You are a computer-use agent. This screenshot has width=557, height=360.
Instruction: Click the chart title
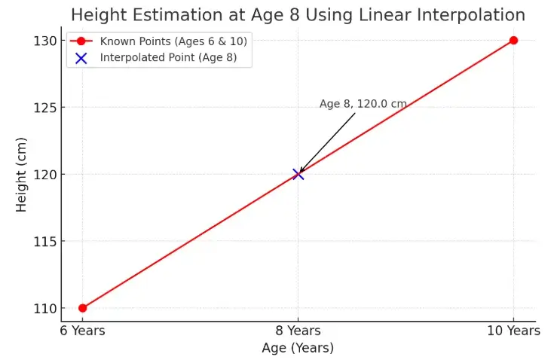pyautogui.click(x=298, y=14)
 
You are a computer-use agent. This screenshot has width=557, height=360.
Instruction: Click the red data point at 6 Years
pyautogui.click(x=83, y=308)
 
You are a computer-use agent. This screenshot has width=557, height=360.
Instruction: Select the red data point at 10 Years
pyautogui.click(x=513, y=41)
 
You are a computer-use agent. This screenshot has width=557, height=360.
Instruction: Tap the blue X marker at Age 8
pyautogui.click(x=298, y=174)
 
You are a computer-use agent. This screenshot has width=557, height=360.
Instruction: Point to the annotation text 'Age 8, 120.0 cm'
pyautogui.click(x=363, y=104)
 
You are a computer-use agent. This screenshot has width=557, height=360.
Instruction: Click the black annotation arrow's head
pyautogui.click(x=301, y=172)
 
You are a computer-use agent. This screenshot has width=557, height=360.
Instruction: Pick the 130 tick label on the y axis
pyautogui.click(x=44, y=41)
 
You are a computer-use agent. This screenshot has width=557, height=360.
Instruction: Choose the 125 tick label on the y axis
pyautogui.click(x=44, y=108)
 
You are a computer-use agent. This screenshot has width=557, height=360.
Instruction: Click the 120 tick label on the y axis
pyautogui.click(x=44, y=175)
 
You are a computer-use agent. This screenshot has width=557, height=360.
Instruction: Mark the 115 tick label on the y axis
pyautogui.click(x=44, y=242)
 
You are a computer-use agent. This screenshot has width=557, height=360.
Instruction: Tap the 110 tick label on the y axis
pyautogui.click(x=44, y=309)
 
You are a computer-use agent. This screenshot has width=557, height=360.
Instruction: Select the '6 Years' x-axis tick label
pyautogui.click(x=83, y=330)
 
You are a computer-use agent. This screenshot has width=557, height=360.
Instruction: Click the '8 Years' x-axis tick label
pyautogui.click(x=298, y=330)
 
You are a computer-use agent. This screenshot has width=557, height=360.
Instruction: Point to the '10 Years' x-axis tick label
pyautogui.click(x=513, y=330)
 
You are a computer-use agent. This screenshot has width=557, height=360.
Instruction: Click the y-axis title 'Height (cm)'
pyautogui.click(x=22, y=175)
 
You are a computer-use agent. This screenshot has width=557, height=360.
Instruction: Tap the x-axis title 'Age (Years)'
pyautogui.click(x=298, y=348)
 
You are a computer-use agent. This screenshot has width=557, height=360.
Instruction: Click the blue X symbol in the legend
pyautogui.click(x=81, y=58)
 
